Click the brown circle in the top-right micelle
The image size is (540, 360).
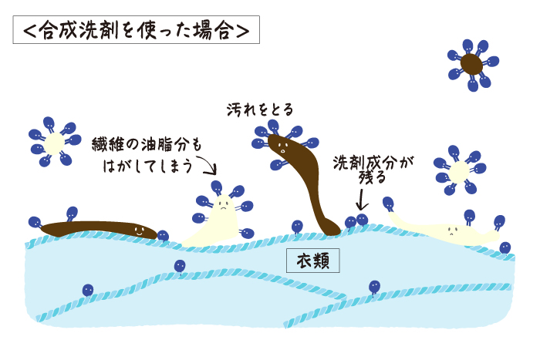click(x=471, y=65)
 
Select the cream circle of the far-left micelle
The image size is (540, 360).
click(x=55, y=143)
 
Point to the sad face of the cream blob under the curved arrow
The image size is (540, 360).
click(x=221, y=206)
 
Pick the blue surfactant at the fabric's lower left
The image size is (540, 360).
click(x=88, y=291)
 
